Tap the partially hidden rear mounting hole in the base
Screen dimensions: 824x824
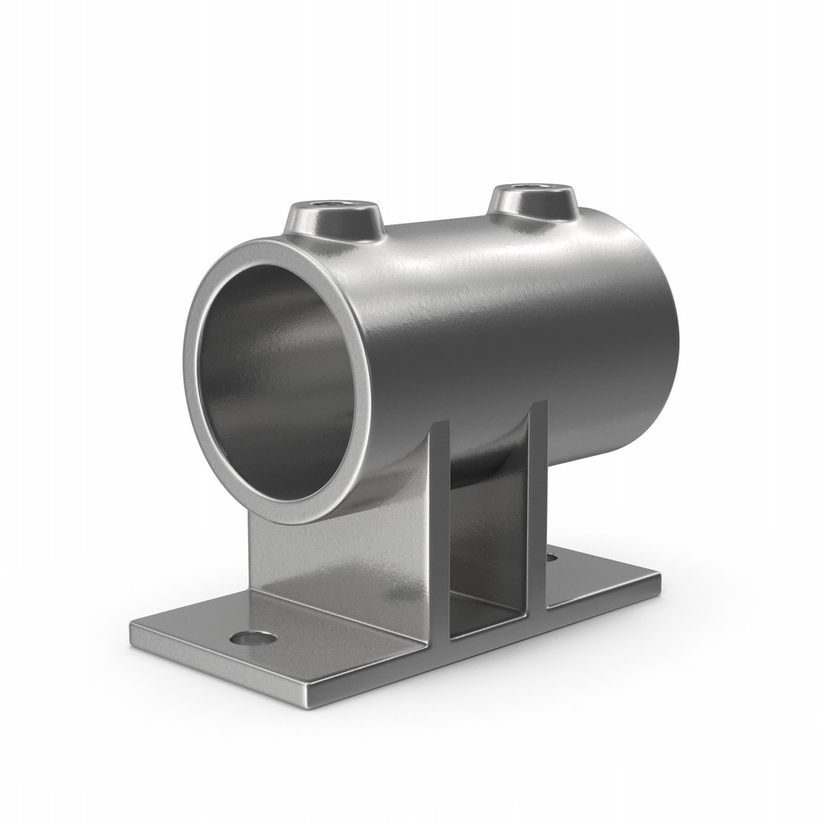pos(551,558)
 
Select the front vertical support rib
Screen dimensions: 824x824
pos(438,534)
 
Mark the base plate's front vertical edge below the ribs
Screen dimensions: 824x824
pos(473,656)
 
